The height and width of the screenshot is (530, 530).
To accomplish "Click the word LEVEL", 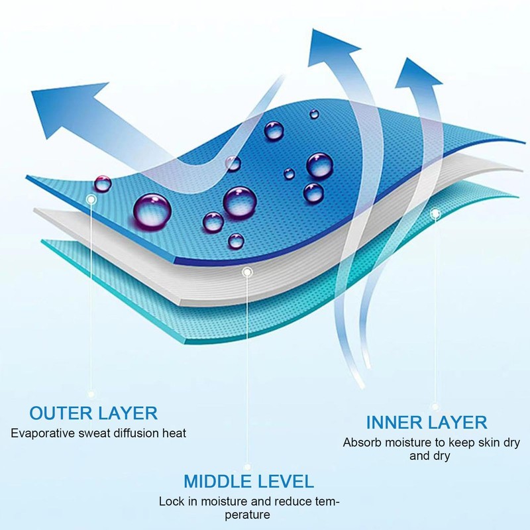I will point(286,481).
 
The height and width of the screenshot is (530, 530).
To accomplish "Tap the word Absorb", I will point(360,443).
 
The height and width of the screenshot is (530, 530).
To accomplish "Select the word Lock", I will point(170,502).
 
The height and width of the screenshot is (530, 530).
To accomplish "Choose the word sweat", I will point(91,433).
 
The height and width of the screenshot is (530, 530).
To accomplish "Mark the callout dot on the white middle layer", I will point(247,272).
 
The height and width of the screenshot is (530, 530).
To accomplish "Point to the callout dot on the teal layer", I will point(435,214).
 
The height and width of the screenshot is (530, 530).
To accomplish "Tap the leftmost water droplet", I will point(103,183).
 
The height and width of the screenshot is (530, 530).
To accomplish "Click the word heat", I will point(174,433).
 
